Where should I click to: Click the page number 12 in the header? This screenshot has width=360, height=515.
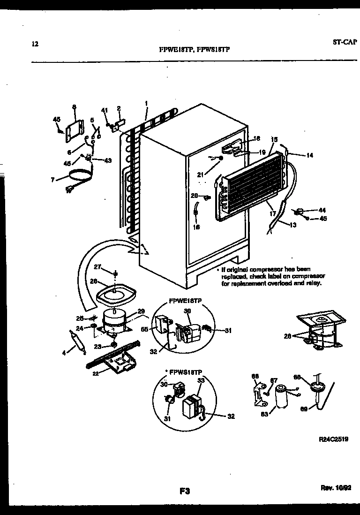point(34,45)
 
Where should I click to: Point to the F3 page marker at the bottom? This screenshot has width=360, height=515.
point(184,491)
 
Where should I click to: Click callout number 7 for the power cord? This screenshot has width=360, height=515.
point(53,179)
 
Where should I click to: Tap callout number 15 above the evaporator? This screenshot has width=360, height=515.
point(275,139)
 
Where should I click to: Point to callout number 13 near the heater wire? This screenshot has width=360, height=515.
point(293,225)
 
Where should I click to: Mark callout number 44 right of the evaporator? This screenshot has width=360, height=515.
point(322,210)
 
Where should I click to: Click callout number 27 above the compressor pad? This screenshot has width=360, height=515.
point(97,267)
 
